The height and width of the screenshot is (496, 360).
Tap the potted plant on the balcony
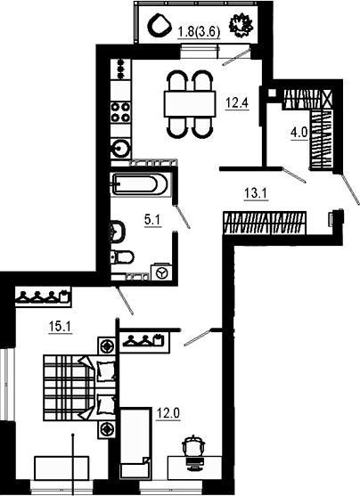[241, 27]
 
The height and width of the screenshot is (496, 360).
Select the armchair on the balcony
[161, 26]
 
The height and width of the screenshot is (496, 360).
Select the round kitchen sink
[119, 147]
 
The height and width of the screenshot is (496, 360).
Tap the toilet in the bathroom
[122, 258]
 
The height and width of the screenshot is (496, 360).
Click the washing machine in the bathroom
[160, 272]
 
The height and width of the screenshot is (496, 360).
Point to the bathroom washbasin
[116, 232]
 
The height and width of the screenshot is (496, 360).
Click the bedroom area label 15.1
[60, 327]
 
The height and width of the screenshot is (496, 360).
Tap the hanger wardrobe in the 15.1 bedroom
[42, 296]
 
